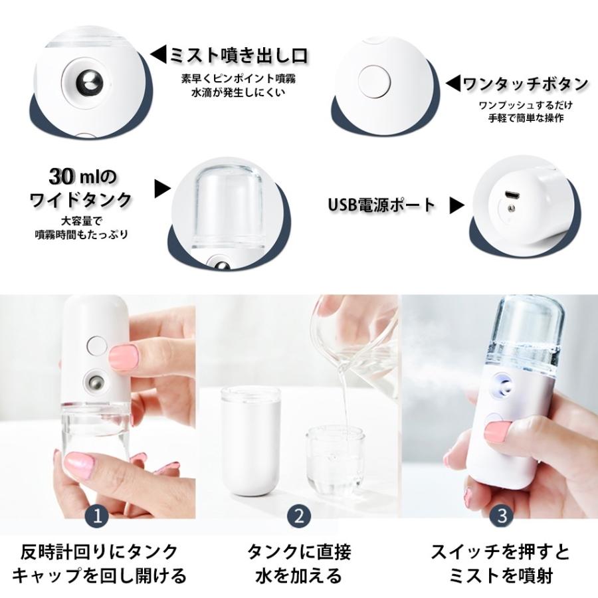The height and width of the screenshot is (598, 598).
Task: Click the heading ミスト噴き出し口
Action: click(237, 54)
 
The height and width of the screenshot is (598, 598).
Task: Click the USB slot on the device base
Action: click(512, 196)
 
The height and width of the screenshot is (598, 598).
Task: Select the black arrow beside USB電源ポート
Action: click(456, 205)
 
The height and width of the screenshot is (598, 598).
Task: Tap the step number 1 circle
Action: click(98, 515)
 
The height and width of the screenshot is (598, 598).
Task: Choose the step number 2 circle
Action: click(300, 515)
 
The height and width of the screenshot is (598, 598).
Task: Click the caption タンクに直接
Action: click(299, 551)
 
